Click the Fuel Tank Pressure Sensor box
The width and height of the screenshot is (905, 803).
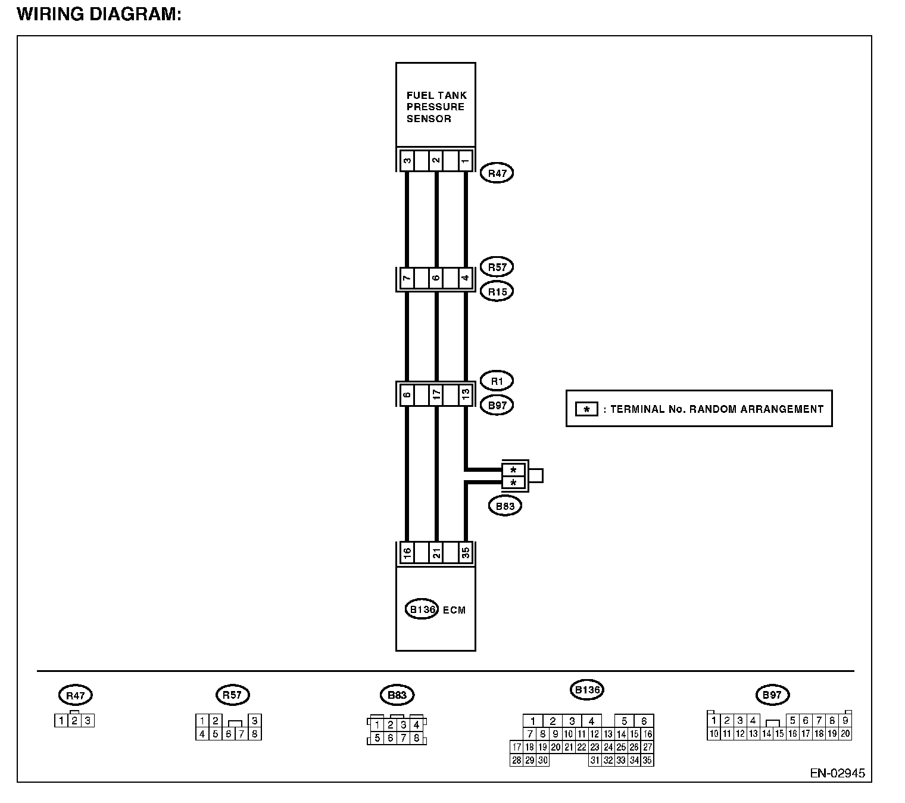pos(435,105)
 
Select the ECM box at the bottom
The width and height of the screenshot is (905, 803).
pos(435,609)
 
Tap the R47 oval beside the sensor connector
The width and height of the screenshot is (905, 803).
pos(497,173)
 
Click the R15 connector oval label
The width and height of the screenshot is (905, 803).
pos(497,291)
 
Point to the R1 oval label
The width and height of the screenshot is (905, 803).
pos(497,381)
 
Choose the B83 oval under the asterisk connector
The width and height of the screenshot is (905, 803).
pos(504,506)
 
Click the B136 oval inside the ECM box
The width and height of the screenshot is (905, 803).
pos(422,609)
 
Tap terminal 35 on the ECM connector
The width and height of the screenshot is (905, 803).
pos(466,553)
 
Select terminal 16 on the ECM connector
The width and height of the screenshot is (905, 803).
pos(407,553)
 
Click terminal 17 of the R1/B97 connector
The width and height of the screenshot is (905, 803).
pos(436,395)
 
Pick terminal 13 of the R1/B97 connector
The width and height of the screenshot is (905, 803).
pos(466,395)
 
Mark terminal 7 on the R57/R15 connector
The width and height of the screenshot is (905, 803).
pos(407,278)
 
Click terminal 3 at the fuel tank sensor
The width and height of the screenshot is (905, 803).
pos(407,160)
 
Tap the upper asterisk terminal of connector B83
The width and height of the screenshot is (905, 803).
pos(513,469)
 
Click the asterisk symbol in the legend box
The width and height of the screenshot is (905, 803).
pos(586,409)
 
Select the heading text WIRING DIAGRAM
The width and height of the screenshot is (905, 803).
pos(99,14)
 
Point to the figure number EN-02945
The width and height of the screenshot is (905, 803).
pos(837,773)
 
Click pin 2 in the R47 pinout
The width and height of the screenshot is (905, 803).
pos(74,721)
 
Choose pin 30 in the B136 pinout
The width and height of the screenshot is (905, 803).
pos(542,760)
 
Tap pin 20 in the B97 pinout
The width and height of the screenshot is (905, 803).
pos(845,734)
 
